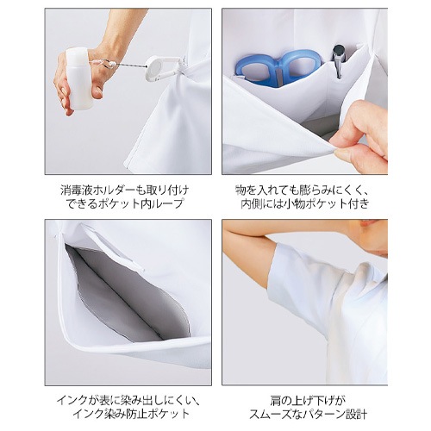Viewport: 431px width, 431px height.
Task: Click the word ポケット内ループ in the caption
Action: click(x=151, y=203)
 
